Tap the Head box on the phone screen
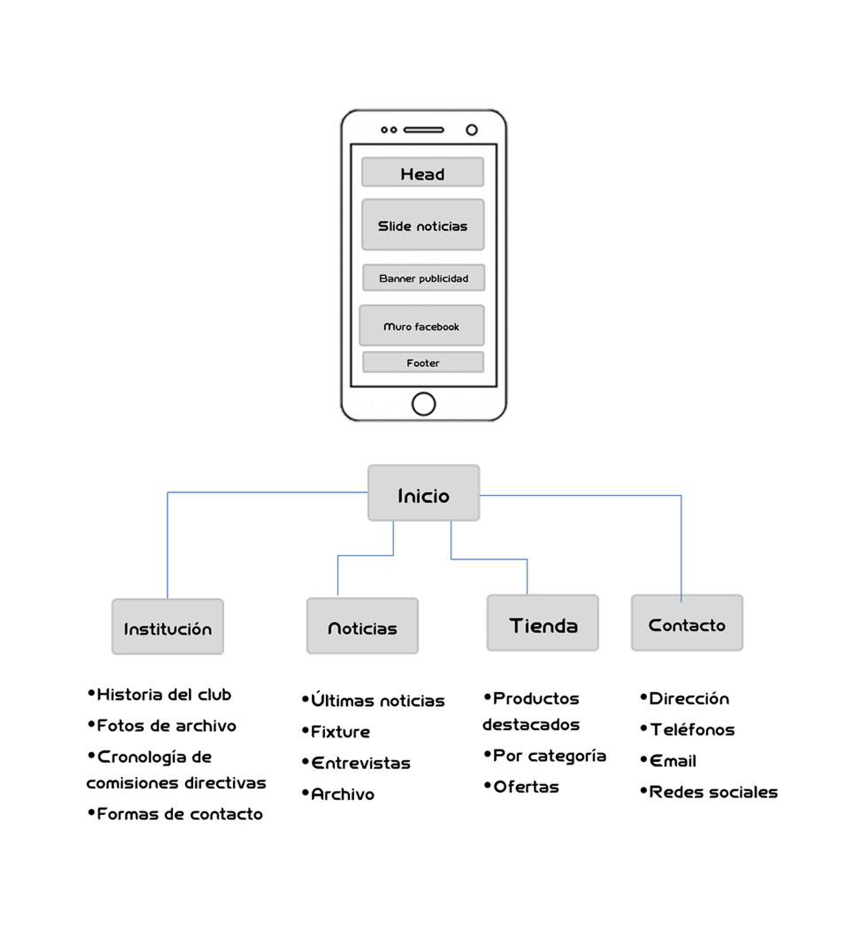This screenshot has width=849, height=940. (422, 172)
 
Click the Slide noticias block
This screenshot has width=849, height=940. (422, 225)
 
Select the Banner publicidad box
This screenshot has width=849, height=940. (424, 278)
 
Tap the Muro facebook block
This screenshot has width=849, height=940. (421, 326)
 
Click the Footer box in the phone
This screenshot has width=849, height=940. (423, 362)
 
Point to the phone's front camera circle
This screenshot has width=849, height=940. (472, 129)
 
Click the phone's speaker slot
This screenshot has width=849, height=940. (424, 129)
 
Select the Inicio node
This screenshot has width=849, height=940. (424, 493)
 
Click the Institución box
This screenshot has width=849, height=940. (168, 627)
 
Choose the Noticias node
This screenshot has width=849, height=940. (363, 626)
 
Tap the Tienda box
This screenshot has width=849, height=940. (543, 624)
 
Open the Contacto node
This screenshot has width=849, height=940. (687, 624)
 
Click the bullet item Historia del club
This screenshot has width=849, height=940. (163, 694)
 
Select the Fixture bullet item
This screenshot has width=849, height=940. (340, 731)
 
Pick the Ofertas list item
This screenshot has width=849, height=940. (525, 787)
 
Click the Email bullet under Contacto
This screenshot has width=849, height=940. (672, 761)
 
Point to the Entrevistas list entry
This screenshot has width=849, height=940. (360, 763)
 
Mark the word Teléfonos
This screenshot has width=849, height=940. (692, 730)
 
